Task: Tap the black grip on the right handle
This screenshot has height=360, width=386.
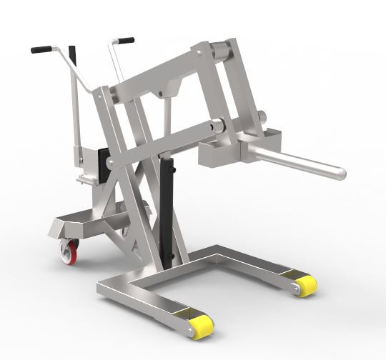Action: tap(124, 41)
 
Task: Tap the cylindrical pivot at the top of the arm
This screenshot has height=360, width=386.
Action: tap(223, 51)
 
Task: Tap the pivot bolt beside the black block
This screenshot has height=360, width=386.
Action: tap(110, 164)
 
